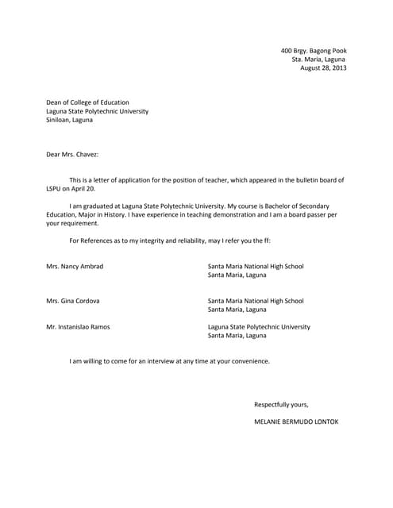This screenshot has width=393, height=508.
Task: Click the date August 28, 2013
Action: pos(323,68)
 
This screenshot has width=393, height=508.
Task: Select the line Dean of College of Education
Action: pos(91,102)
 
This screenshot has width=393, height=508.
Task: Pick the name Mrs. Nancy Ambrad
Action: pos(75,266)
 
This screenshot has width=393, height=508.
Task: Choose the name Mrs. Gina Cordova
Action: pos(73,301)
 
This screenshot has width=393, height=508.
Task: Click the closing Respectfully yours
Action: pos(281,404)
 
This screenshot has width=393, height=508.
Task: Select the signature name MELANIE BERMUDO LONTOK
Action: pos(296,421)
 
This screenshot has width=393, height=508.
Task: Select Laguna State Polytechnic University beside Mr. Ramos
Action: pos(259,327)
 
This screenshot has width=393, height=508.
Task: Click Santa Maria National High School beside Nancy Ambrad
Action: pos(256,266)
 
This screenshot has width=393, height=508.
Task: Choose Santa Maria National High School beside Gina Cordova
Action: pos(256,301)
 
